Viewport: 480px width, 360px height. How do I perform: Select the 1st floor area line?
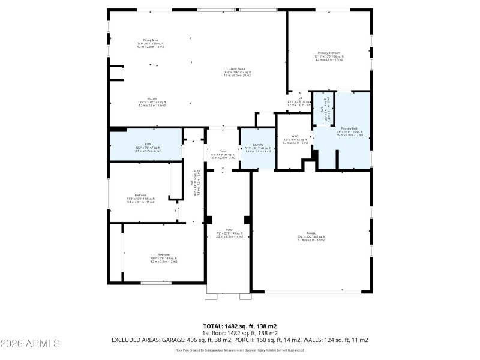point(239,332)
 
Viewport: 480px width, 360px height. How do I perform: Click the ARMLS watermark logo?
point(31,343)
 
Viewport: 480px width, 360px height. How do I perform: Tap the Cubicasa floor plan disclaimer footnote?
point(239,350)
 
